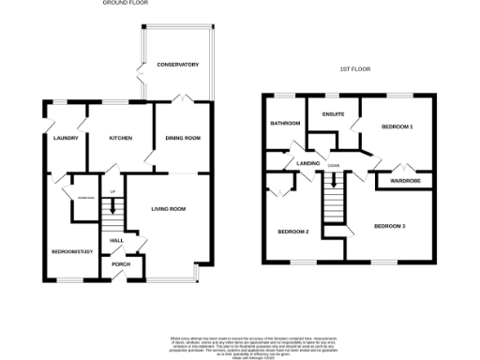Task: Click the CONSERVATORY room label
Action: point(177,65)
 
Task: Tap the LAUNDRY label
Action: point(57,138)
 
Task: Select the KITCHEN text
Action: point(121,138)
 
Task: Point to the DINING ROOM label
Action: point(183,138)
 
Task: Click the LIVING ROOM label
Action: point(168,208)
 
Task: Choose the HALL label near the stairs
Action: point(117,241)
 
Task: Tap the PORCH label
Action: point(120,263)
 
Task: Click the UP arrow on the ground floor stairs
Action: point(112,192)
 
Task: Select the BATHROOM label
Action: point(285,124)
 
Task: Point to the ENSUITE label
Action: point(333,114)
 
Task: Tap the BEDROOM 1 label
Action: point(397,125)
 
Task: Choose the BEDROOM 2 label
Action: point(292,232)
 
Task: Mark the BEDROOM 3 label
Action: point(389,226)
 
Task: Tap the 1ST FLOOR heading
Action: point(352,69)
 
